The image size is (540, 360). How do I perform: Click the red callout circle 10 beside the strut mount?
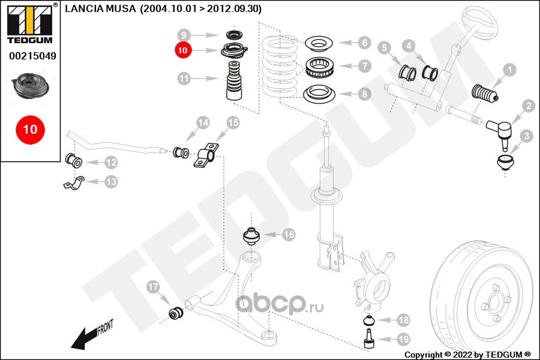pyautogui.click(x=182, y=50)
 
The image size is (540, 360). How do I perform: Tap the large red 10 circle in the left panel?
pyautogui.click(x=31, y=130)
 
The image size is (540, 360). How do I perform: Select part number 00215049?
pyautogui.click(x=32, y=56)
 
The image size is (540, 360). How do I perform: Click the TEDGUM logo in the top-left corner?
pyautogui.click(x=30, y=23)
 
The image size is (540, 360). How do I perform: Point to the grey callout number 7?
pyautogui.click(x=364, y=66)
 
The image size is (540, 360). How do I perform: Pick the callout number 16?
pyautogui.click(x=289, y=235)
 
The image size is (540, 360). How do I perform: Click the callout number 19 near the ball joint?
pyautogui.click(x=403, y=340)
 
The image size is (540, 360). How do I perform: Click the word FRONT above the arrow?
pyautogui.click(x=106, y=327)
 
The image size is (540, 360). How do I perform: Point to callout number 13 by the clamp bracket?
pyautogui.click(x=111, y=182)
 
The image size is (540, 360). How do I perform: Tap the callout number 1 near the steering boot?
pyautogui.click(x=509, y=70)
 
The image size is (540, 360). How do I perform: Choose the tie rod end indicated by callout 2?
pyautogui.click(x=499, y=132)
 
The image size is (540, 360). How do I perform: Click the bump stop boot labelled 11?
pyautogui.click(x=234, y=80)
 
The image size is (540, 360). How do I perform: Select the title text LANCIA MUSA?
pyautogui.click(x=100, y=8)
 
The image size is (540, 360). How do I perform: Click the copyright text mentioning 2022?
pyautogui.click(x=467, y=355)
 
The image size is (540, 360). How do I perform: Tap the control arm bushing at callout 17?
pyautogui.click(x=176, y=312)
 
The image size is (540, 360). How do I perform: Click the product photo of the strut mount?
pyautogui.click(x=31, y=86)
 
